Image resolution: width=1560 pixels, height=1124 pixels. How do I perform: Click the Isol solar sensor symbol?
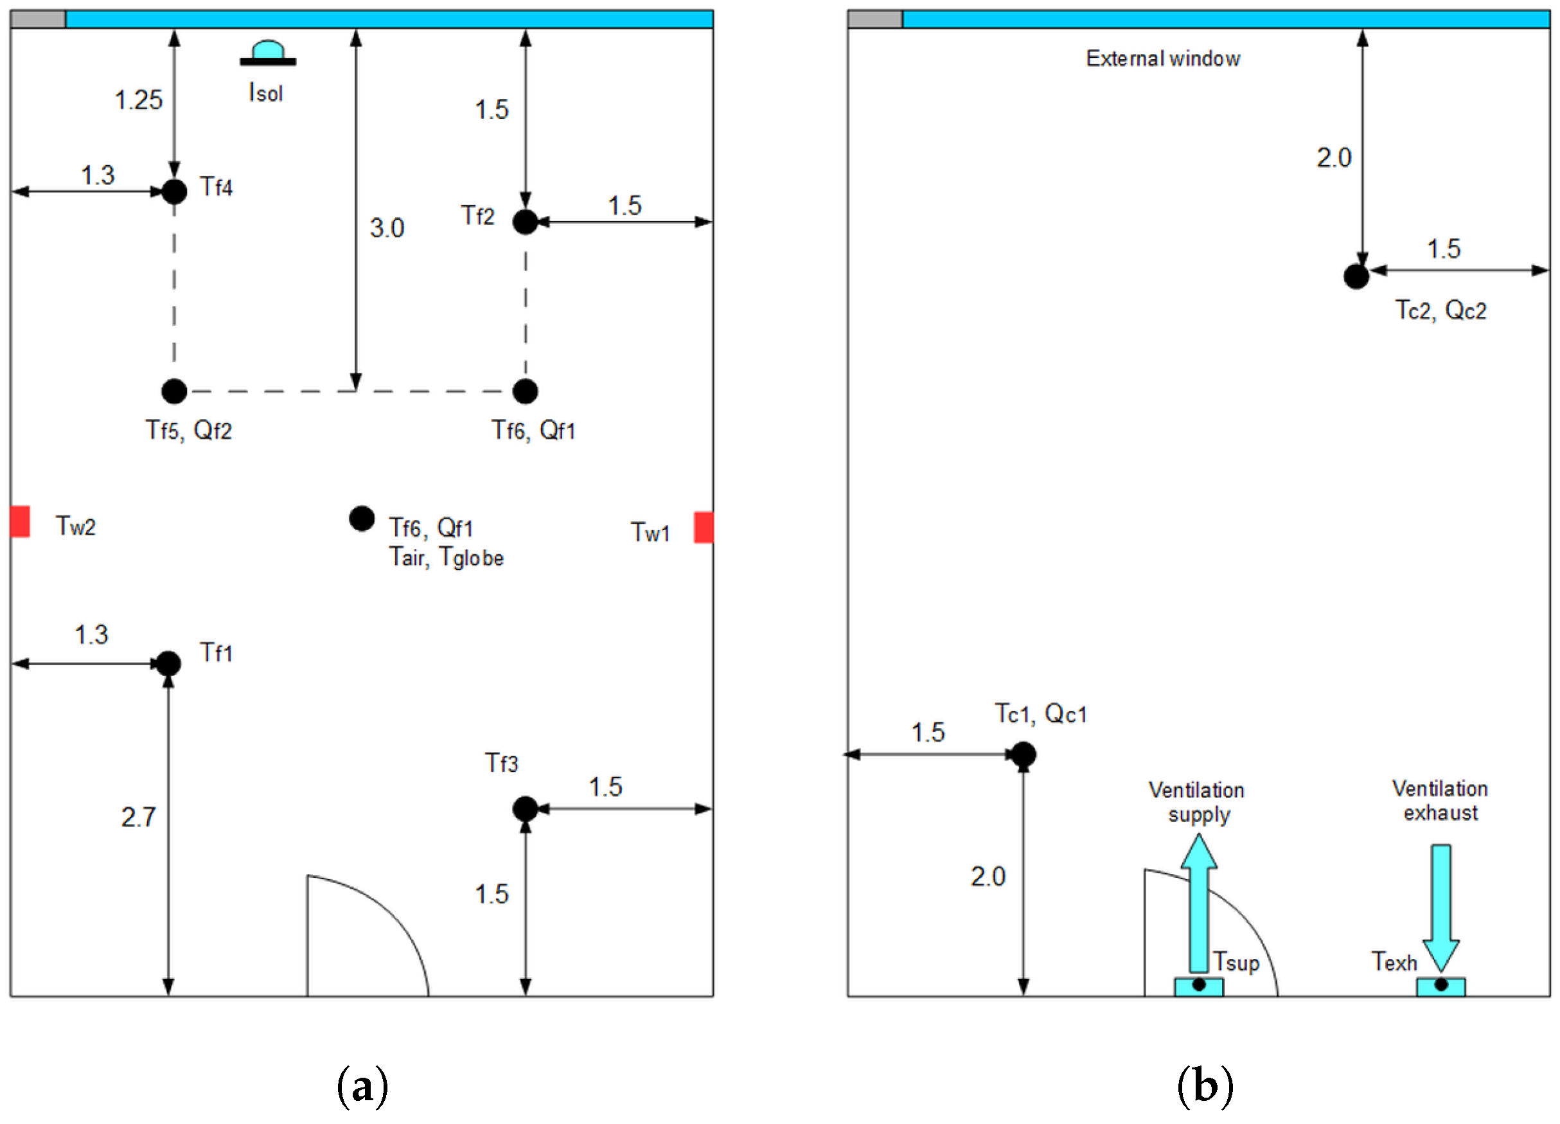(x=267, y=53)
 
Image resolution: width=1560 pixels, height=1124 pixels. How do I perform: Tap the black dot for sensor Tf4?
(x=174, y=192)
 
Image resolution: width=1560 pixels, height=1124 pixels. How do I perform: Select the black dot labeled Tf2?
(x=525, y=222)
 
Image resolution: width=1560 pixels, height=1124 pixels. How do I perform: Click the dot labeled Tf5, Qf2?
(x=174, y=391)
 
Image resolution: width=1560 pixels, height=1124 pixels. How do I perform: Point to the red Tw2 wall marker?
(x=20, y=521)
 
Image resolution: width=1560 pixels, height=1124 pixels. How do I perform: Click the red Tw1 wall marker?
(x=703, y=527)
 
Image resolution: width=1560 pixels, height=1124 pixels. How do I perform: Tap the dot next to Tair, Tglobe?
(x=362, y=519)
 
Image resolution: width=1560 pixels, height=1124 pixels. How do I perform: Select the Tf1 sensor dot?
(x=168, y=664)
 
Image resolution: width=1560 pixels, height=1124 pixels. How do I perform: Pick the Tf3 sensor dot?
(x=525, y=808)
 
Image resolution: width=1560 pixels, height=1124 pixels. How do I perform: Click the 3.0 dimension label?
(x=387, y=228)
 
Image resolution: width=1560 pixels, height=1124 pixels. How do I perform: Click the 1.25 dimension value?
(x=138, y=100)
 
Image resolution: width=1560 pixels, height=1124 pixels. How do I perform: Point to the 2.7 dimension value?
(x=138, y=817)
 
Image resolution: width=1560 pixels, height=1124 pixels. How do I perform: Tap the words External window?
(x=1162, y=59)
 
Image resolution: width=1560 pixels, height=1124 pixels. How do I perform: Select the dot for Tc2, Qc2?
(x=1356, y=276)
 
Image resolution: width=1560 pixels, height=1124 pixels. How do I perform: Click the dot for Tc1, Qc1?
(x=1024, y=754)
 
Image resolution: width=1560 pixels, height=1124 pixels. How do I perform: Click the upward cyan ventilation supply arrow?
(x=1199, y=901)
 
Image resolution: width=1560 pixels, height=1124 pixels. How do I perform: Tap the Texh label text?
(x=1394, y=961)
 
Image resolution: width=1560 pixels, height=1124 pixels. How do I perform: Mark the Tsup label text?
(x=1236, y=961)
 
